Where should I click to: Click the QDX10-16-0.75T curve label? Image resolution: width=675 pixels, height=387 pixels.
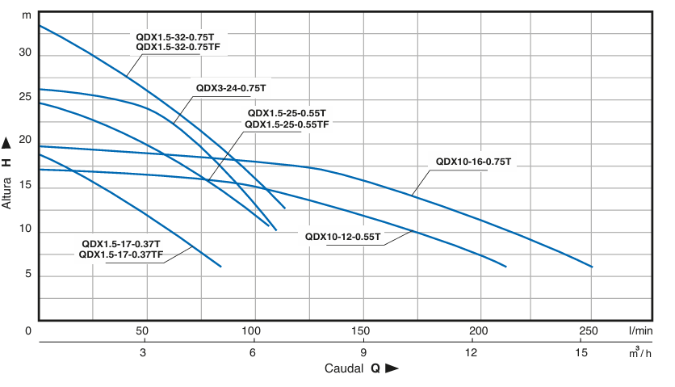[x=474, y=162]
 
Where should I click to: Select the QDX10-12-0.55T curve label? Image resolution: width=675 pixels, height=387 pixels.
[x=343, y=237]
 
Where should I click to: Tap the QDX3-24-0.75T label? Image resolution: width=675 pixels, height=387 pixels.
[x=231, y=88]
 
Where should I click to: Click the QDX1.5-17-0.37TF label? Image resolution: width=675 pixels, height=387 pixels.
[x=122, y=254]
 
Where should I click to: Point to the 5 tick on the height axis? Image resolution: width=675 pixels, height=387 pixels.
[x=27, y=275]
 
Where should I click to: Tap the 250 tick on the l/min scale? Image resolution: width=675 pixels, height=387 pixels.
[x=588, y=331]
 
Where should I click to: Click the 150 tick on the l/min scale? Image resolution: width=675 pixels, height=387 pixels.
[x=361, y=331]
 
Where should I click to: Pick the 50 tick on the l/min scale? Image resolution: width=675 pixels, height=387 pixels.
[x=142, y=331]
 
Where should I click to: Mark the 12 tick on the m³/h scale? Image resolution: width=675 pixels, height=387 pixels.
[x=472, y=353]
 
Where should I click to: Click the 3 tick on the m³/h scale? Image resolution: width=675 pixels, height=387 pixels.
[x=143, y=353]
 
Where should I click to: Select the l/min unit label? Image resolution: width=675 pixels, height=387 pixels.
[x=641, y=331]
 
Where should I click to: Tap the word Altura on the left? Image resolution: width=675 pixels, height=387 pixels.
[x=7, y=191]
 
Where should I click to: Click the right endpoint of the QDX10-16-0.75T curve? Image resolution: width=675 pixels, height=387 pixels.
[x=592, y=267]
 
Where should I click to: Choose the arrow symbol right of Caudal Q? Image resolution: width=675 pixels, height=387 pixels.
[x=392, y=368]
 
